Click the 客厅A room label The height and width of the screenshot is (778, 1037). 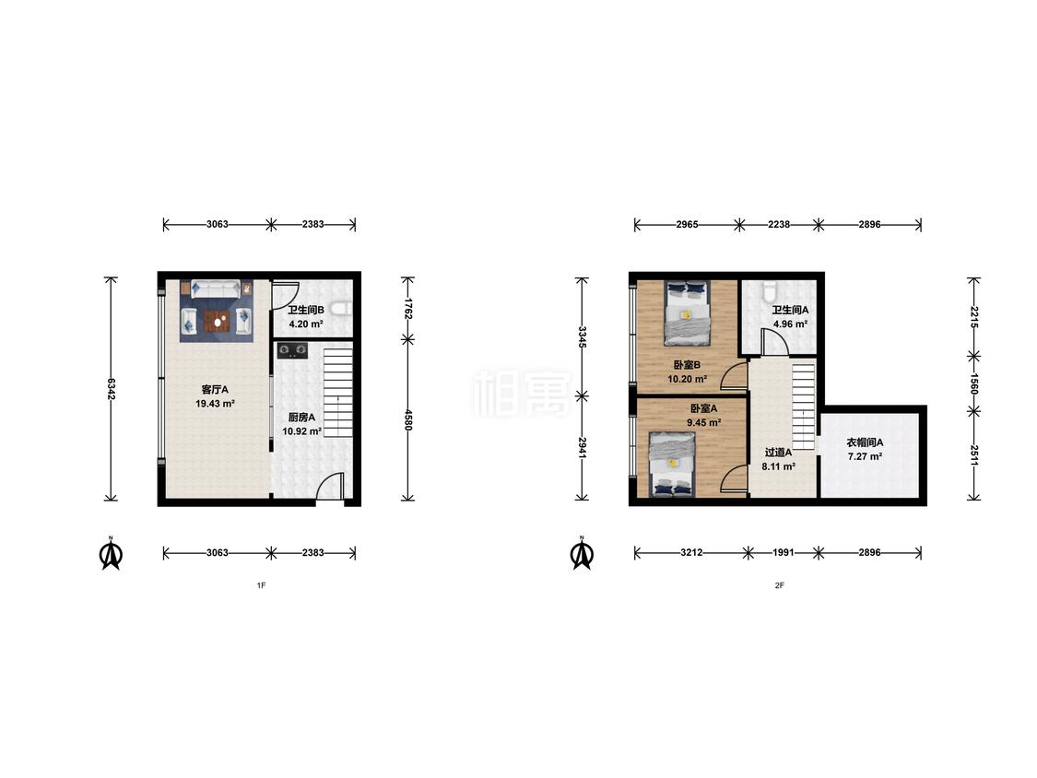pyautogui.click(x=215, y=390)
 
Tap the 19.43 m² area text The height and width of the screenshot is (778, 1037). pyautogui.click(x=215, y=404)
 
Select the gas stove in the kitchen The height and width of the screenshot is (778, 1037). pyautogui.click(x=291, y=349)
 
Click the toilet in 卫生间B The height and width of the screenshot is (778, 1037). pyautogui.click(x=340, y=309)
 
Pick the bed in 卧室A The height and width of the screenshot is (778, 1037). pyautogui.click(x=672, y=464)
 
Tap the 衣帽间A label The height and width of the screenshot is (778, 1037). pyautogui.click(x=865, y=442)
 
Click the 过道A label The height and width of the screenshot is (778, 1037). pyautogui.click(x=778, y=453)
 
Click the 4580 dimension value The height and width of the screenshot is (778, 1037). pyautogui.click(x=408, y=420)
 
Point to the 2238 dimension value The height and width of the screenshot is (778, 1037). pyautogui.click(x=779, y=224)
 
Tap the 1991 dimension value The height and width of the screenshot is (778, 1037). pyautogui.click(x=784, y=552)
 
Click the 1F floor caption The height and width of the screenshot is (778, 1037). pyautogui.click(x=261, y=585)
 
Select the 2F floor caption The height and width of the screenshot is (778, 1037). pyautogui.click(x=780, y=585)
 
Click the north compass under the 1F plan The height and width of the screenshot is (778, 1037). pyautogui.click(x=112, y=553)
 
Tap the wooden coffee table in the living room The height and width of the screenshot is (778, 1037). pyautogui.click(x=217, y=321)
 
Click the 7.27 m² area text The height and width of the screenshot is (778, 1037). pyautogui.click(x=865, y=456)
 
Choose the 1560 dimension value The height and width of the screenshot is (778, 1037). pyautogui.click(x=973, y=383)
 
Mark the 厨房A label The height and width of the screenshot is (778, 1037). pyautogui.click(x=301, y=418)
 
